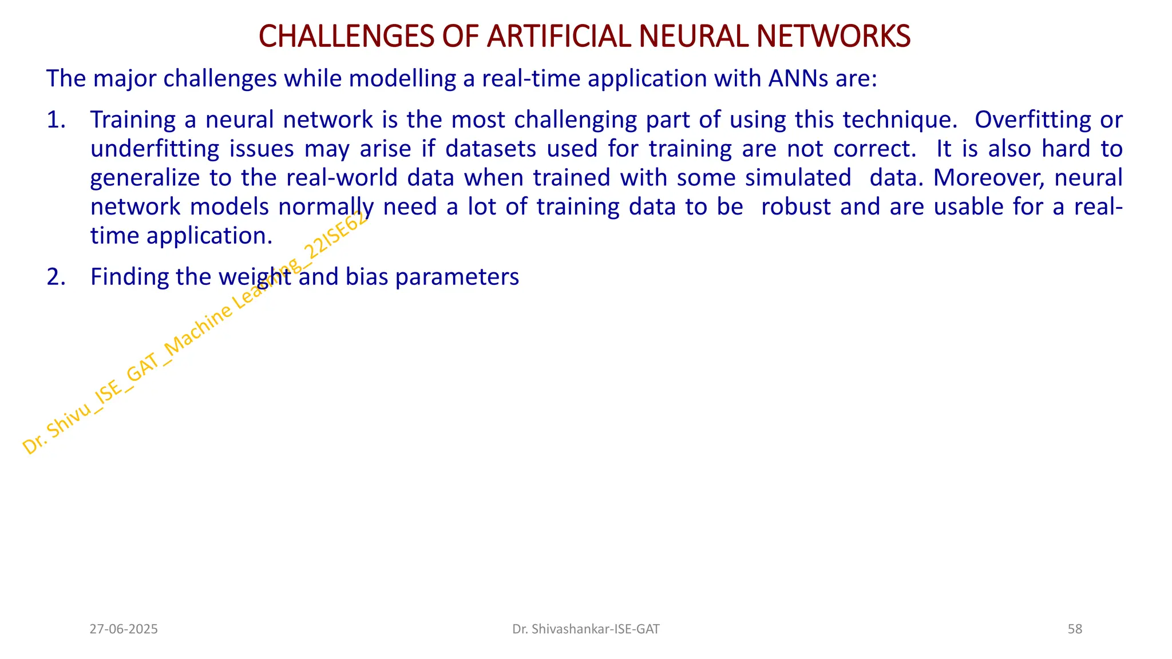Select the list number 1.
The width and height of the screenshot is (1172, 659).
pyautogui.click(x=56, y=120)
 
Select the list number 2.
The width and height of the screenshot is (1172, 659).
pyautogui.click(x=56, y=277)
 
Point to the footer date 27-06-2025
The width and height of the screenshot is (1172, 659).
pyautogui.click(x=124, y=629)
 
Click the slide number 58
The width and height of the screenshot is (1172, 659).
pyautogui.click(x=1075, y=629)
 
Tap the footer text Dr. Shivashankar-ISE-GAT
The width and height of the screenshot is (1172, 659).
pyautogui.click(x=585, y=629)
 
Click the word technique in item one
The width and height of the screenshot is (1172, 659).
pyautogui.click(x=899, y=121)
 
